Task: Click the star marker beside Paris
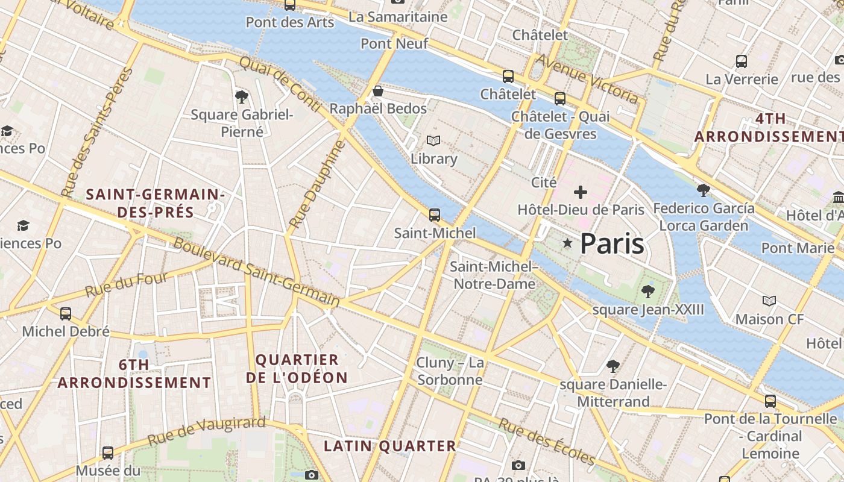567,243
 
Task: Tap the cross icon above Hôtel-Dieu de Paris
581,192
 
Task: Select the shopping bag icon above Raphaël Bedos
378,92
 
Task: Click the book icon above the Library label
433,140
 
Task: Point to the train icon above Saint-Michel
434,214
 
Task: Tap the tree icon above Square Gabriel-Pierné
242,96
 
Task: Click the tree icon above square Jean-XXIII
648,292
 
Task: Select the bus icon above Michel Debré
66,313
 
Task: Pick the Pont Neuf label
394,43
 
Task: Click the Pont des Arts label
290,22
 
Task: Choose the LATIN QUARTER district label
390,446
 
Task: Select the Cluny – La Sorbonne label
450,371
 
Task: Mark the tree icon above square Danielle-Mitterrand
613,366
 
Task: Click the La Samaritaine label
398,17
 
